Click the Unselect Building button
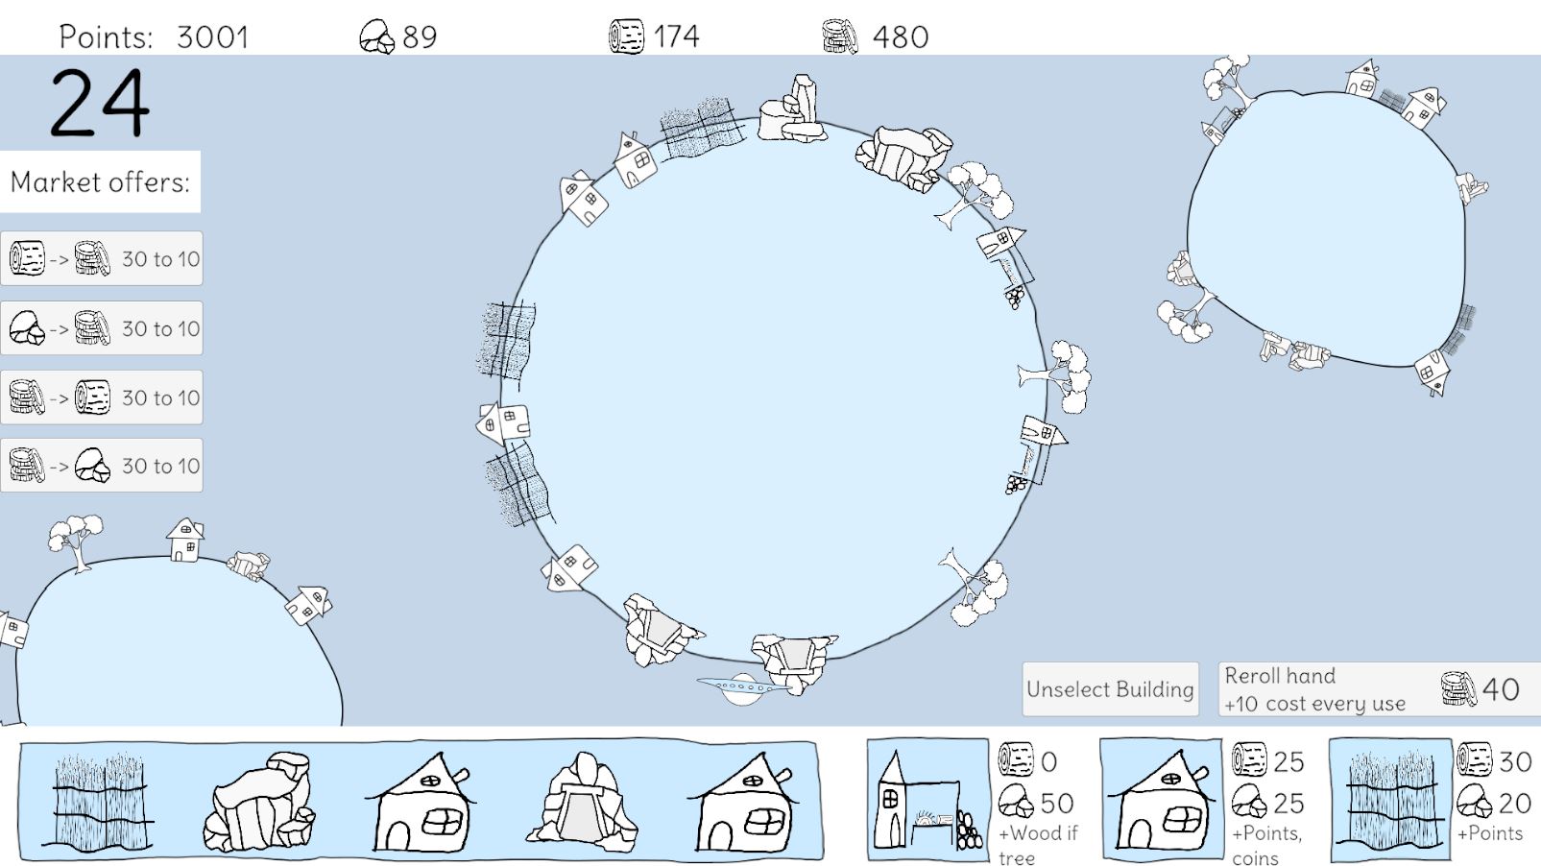tap(1110, 689)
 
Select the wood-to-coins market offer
tap(102, 258)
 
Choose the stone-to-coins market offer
tap(102, 328)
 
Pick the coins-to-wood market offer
tap(102, 397)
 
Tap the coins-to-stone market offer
tap(102, 466)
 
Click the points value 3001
tap(212, 37)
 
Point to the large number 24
tap(100, 103)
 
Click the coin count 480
tap(900, 37)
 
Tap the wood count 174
tap(676, 37)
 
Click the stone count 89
tap(420, 37)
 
